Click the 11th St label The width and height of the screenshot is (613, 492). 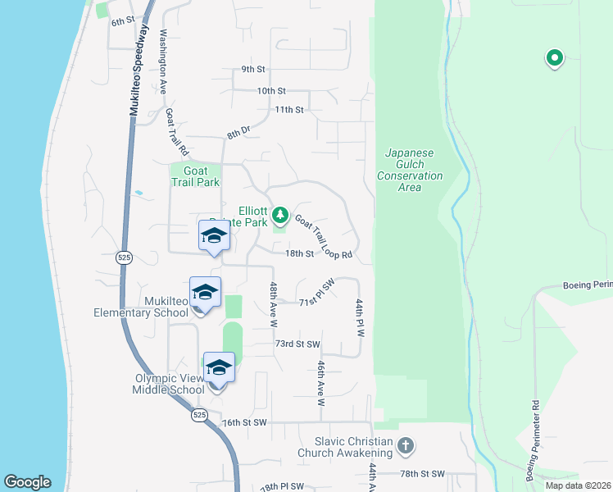pos(289,109)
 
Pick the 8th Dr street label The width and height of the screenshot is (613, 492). pos(238,130)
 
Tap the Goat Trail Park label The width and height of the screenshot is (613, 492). pos(196,176)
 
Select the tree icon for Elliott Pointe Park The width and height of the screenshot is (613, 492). pos(281,215)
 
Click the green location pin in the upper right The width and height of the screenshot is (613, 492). pos(555,58)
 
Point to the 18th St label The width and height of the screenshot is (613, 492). pos(299,254)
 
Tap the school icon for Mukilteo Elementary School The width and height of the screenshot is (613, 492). pos(205,292)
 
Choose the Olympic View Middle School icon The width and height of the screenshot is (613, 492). pos(219,367)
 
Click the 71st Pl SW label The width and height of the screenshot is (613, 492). pos(318,292)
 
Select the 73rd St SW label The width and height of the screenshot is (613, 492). pos(297,344)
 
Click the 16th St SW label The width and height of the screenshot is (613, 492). pos(244,422)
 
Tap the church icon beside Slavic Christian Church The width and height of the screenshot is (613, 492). pos(405,446)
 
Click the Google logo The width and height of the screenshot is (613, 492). pos(28,482)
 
